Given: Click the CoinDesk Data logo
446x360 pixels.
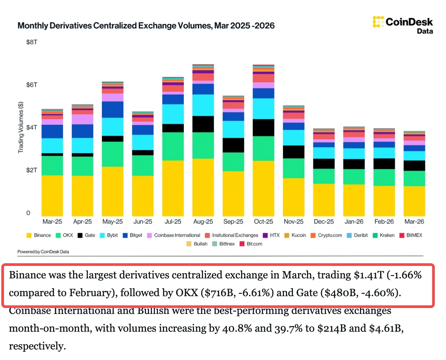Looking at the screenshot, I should click(x=403, y=25).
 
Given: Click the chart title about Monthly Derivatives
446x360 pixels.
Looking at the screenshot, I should click(x=146, y=26).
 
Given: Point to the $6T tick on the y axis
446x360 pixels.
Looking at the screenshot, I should click(x=32, y=85).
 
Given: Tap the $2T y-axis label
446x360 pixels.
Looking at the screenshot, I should click(x=32, y=170).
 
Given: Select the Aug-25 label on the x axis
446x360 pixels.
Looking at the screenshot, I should click(x=203, y=222).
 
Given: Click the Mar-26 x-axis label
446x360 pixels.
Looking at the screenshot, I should click(x=414, y=222).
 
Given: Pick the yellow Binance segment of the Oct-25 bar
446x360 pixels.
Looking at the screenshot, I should click(x=264, y=188).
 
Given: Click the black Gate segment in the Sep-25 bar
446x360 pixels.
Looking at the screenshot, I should click(x=233, y=145).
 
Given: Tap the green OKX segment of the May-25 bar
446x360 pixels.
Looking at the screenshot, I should click(x=113, y=154).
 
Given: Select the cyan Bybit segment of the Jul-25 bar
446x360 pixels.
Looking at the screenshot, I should click(x=173, y=114).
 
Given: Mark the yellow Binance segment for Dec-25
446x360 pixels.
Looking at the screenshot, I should click(x=324, y=200).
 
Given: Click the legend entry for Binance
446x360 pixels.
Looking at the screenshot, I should click(x=39, y=235).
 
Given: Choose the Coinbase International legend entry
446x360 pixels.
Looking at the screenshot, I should click(x=174, y=235).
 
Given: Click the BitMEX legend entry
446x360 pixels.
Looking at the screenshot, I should click(x=411, y=235).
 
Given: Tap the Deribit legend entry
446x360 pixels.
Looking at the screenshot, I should click(x=357, y=235).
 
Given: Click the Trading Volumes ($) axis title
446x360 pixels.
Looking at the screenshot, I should click(x=21, y=127).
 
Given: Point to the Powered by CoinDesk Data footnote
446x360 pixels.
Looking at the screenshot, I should click(x=43, y=252).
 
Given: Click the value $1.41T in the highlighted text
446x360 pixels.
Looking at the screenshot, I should click(x=369, y=275).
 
